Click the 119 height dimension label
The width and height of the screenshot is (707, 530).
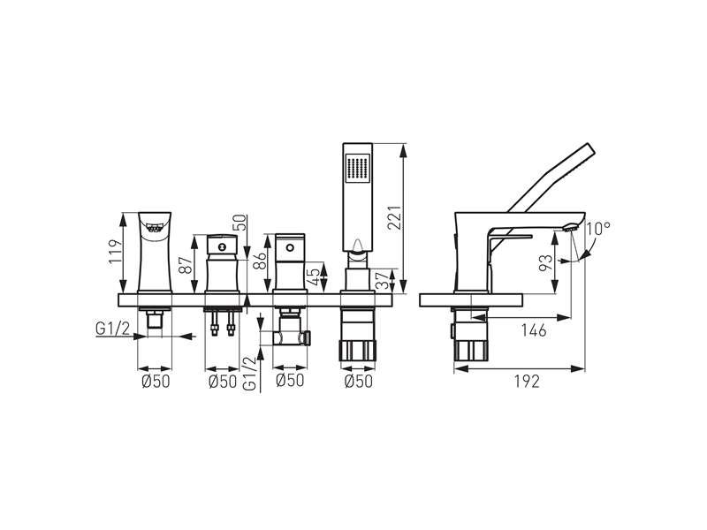[x=117, y=252]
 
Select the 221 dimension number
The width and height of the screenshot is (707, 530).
[x=394, y=218]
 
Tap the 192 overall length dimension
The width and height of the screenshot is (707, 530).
[x=527, y=382]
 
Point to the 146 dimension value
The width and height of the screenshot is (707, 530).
[x=534, y=330]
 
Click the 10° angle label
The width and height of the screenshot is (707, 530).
[x=599, y=229]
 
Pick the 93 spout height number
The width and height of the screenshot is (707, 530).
[x=545, y=262]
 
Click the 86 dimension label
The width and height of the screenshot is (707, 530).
[x=260, y=261]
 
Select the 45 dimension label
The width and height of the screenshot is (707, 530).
[x=315, y=276]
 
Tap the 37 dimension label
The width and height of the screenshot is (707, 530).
[x=383, y=281]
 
